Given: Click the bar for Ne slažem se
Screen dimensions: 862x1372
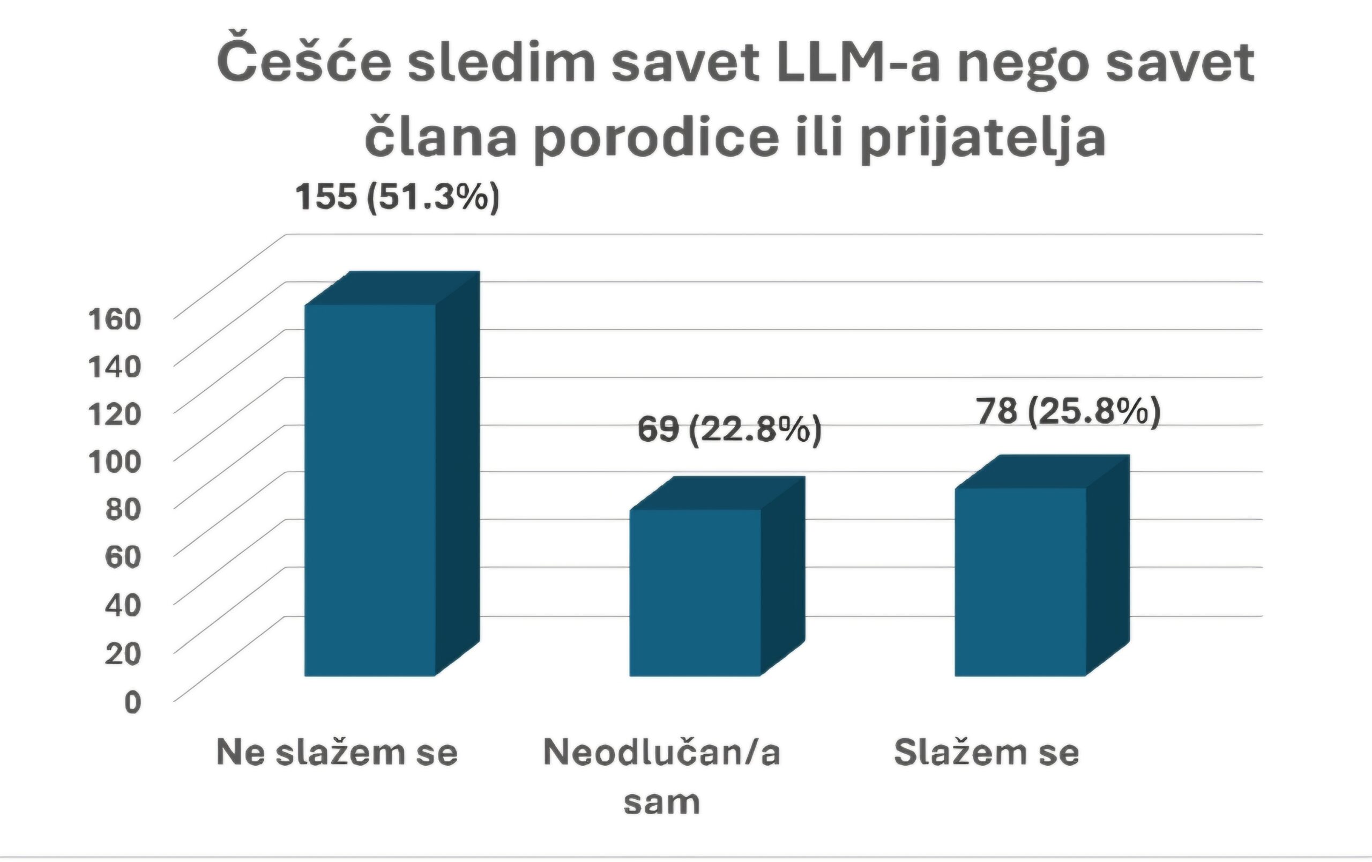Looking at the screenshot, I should pos(370,490).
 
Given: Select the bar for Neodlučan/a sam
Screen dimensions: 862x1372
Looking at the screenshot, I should pos(695,592).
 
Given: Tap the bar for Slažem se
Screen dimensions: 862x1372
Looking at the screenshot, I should pos(1020,582).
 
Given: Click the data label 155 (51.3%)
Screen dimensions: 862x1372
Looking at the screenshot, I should pos(397,197).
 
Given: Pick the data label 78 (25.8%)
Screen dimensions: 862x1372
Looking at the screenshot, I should pos(1068,411).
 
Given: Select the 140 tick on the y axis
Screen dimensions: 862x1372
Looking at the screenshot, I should pos(115,366).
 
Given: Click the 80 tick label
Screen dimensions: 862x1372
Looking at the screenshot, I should pos(123,509).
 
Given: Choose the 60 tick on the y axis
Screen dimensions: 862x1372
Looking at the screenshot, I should pos(123,556).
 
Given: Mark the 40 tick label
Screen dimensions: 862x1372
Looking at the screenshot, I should pos(123,604).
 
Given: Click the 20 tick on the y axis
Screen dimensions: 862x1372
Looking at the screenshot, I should pos(123,653).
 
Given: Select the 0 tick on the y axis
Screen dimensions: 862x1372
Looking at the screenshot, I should pos(132,702).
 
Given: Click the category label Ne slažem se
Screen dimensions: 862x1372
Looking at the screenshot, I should pos(337,753).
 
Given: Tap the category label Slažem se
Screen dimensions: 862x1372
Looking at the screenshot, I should pos(986,753).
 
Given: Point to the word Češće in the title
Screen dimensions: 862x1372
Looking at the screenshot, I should pos(304,63).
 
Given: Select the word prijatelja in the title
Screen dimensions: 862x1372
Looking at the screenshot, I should pos(983,138).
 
